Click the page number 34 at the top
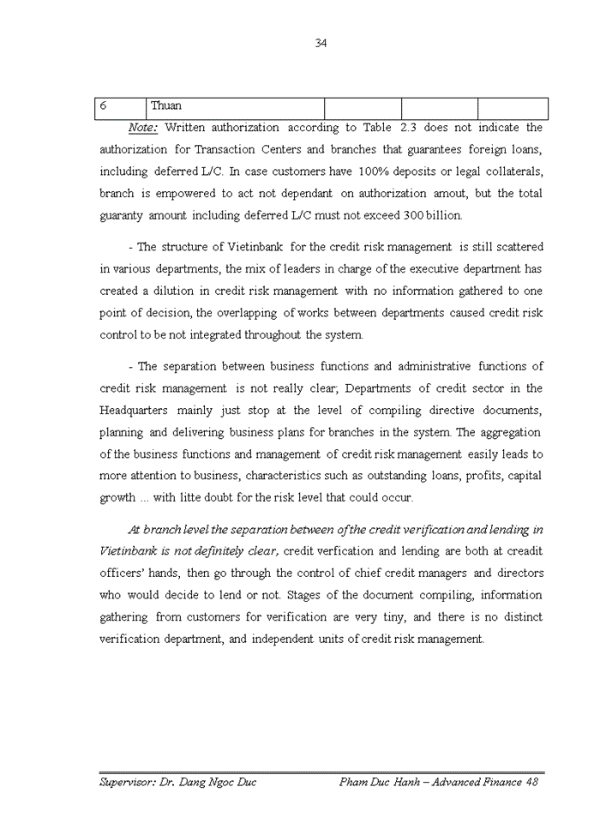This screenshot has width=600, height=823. click(321, 44)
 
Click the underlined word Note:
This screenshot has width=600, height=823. click(143, 128)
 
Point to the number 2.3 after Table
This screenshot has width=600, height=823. click(409, 128)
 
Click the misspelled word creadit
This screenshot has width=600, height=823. click(524, 550)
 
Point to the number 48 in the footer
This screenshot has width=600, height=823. click(531, 782)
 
